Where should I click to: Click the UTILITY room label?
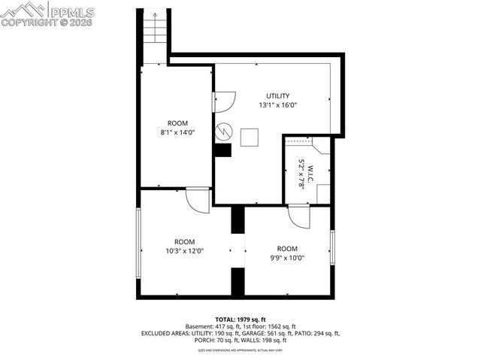tap(277, 95)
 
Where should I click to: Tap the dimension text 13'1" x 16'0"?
tap(277, 105)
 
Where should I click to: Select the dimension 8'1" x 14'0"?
tap(177, 132)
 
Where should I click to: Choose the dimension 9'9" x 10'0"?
tap(287, 258)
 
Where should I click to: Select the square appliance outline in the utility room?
tap(250, 137)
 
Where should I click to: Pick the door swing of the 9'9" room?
tap(298, 217)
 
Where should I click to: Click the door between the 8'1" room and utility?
tap(224, 101)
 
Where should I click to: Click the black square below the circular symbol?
tap(222, 150)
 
